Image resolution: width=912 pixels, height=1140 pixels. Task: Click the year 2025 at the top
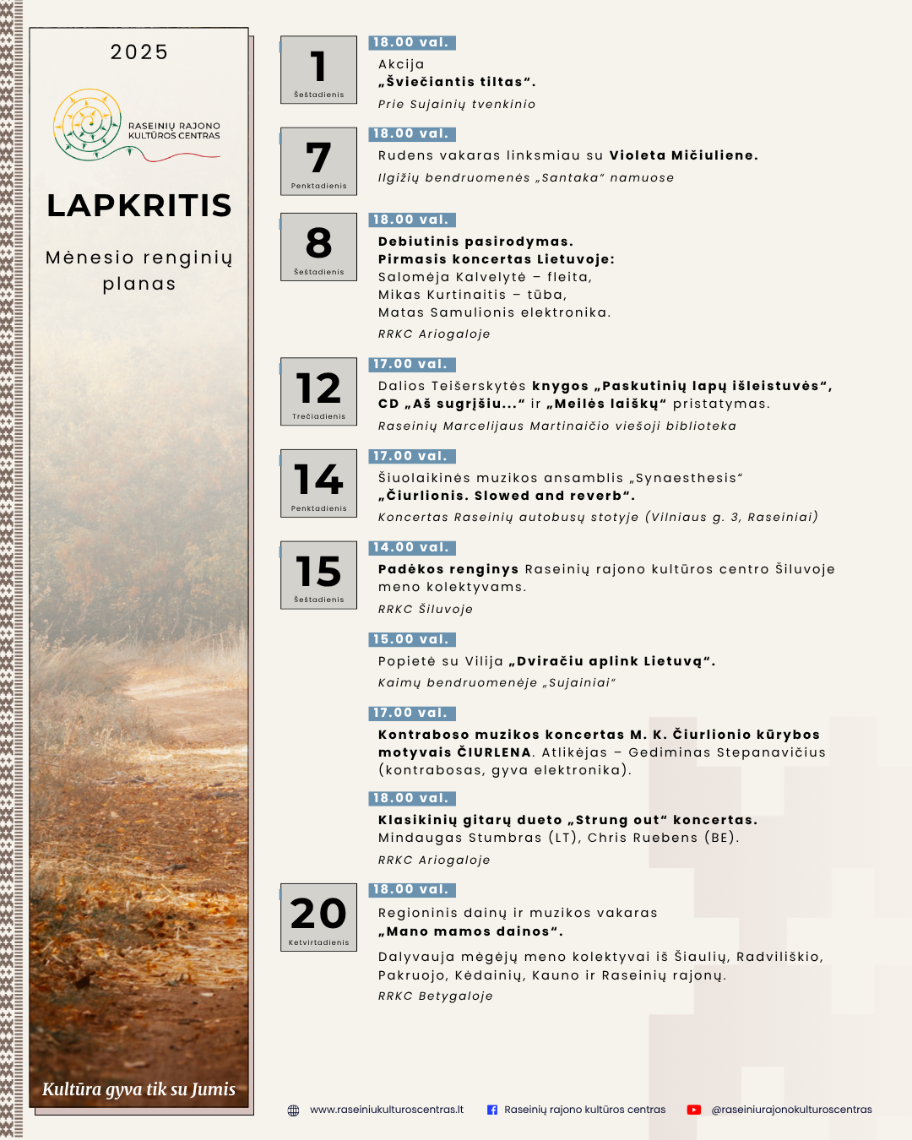tap(139, 52)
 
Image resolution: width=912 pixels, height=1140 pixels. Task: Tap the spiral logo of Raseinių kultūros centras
tap(88, 124)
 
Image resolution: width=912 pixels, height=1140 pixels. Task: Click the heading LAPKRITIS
tap(139, 205)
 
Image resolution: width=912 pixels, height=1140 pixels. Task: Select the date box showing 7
tap(318, 161)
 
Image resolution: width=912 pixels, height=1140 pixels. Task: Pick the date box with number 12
tap(318, 391)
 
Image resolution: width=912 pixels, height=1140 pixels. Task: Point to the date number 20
tap(318, 913)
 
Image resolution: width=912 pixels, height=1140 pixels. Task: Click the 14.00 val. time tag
tap(411, 548)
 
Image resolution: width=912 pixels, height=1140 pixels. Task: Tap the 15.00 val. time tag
tap(411, 639)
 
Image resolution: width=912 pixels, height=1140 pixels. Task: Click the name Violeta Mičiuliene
tap(683, 155)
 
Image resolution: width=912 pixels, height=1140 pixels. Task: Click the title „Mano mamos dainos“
tap(470, 931)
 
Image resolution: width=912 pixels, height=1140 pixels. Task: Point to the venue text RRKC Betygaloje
tap(435, 996)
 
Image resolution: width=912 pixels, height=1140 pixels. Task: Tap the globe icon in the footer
tap(293, 1110)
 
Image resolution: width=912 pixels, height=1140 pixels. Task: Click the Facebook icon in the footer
tap(492, 1110)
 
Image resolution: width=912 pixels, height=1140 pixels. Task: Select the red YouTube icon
tap(694, 1110)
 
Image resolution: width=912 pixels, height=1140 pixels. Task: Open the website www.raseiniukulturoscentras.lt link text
tap(387, 1110)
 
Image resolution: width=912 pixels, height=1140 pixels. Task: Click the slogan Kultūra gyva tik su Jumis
tap(139, 1089)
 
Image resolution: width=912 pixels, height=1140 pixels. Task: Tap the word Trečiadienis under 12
tap(318, 416)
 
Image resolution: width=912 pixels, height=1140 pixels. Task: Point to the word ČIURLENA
tap(494, 752)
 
